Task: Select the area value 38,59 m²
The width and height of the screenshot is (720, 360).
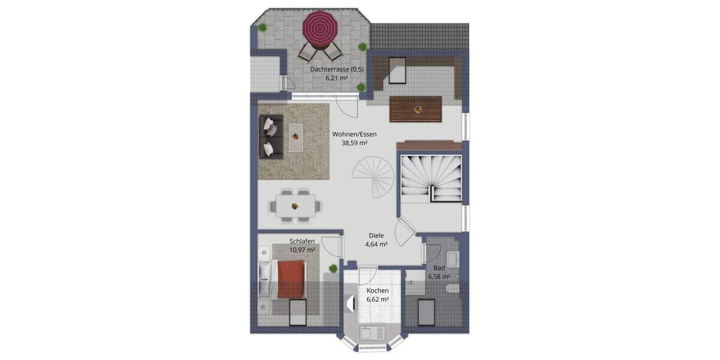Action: tap(354, 144)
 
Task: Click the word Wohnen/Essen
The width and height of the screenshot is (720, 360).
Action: tap(355, 134)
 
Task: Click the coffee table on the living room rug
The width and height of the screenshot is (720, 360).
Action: tap(295, 137)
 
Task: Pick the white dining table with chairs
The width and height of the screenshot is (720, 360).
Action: tap(295, 205)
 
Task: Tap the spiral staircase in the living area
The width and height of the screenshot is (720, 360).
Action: tap(371, 177)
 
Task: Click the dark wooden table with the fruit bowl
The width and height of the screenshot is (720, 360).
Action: tap(416, 110)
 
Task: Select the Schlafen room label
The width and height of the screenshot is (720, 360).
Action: tap(302, 241)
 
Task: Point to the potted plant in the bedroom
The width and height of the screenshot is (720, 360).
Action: tap(333, 268)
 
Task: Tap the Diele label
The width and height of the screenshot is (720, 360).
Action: tap(376, 236)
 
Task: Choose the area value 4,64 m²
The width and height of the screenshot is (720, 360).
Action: tap(376, 245)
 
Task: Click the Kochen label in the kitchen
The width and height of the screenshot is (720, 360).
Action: tap(377, 290)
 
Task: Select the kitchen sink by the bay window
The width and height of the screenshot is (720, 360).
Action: tap(367, 334)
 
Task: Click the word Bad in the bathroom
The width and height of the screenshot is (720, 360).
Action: tap(439, 268)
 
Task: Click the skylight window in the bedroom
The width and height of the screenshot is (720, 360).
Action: tap(298, 312)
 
